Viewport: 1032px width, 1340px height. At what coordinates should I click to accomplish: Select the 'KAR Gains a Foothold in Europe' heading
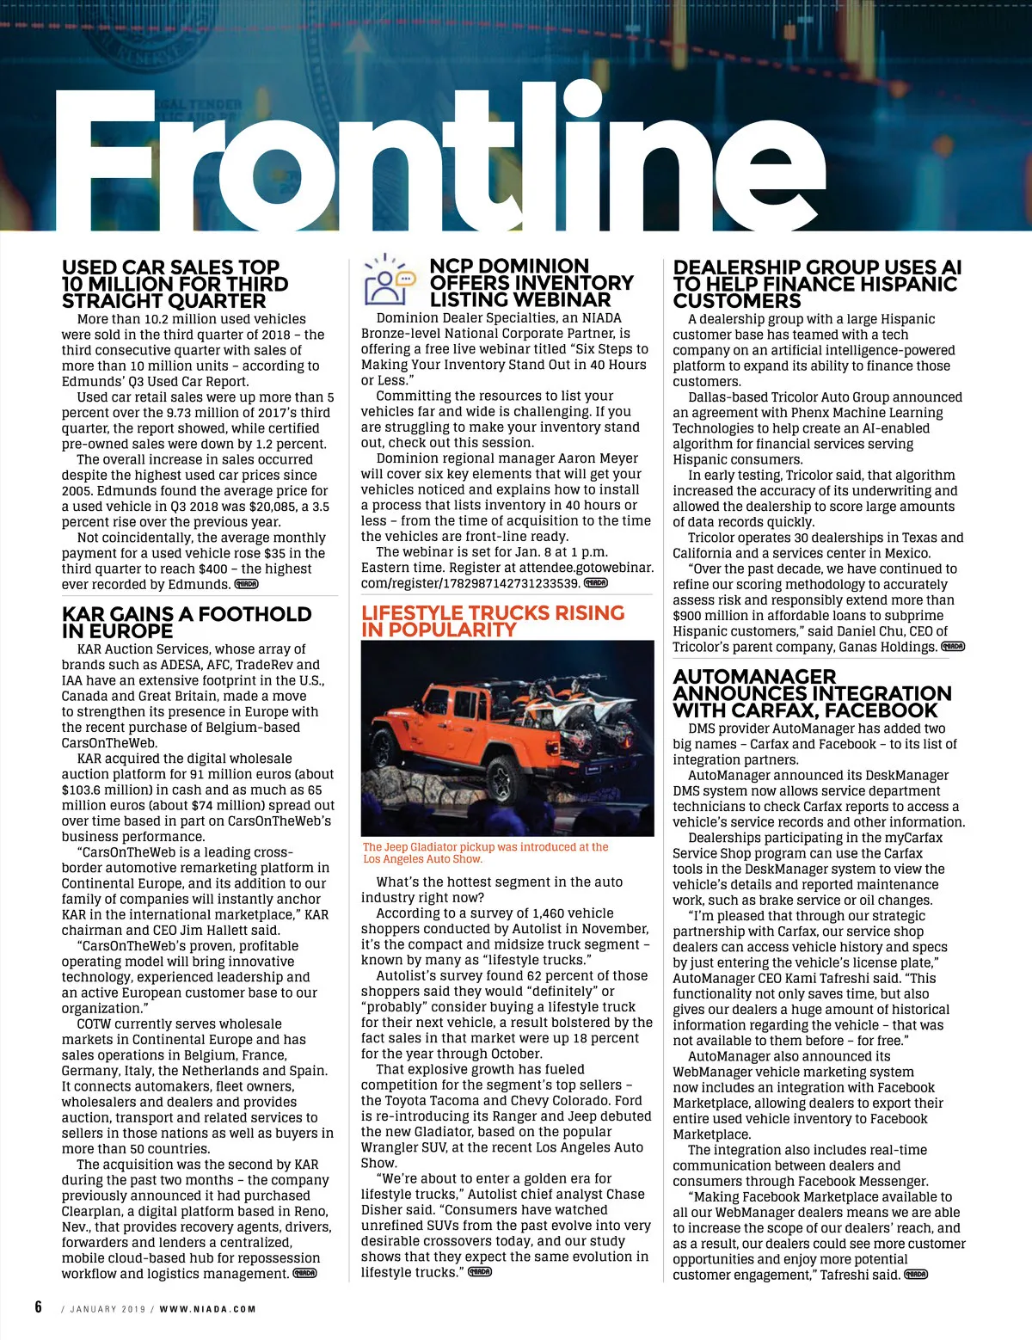click(187, 622)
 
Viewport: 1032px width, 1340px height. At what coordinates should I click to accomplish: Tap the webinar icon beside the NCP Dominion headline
click(390, 280)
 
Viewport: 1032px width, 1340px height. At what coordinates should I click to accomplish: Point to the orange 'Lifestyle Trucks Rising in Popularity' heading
click(493, 621)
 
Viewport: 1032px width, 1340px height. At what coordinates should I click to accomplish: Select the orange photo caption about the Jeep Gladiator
click(485, 852)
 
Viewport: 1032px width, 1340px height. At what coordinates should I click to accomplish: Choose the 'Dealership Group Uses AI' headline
click(817, 284)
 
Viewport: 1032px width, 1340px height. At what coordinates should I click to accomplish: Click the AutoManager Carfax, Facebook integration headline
click(812, 693)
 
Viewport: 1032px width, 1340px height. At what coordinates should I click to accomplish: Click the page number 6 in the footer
click(39, 1307)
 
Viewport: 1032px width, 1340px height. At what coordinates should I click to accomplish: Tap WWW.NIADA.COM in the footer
click(207, 1309)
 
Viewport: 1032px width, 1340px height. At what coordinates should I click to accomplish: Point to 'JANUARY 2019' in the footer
click(107, 1309)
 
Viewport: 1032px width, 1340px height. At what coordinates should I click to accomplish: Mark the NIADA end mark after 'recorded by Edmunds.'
click(246, 585)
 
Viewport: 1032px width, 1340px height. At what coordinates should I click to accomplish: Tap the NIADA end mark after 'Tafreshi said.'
click(916, 1275)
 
